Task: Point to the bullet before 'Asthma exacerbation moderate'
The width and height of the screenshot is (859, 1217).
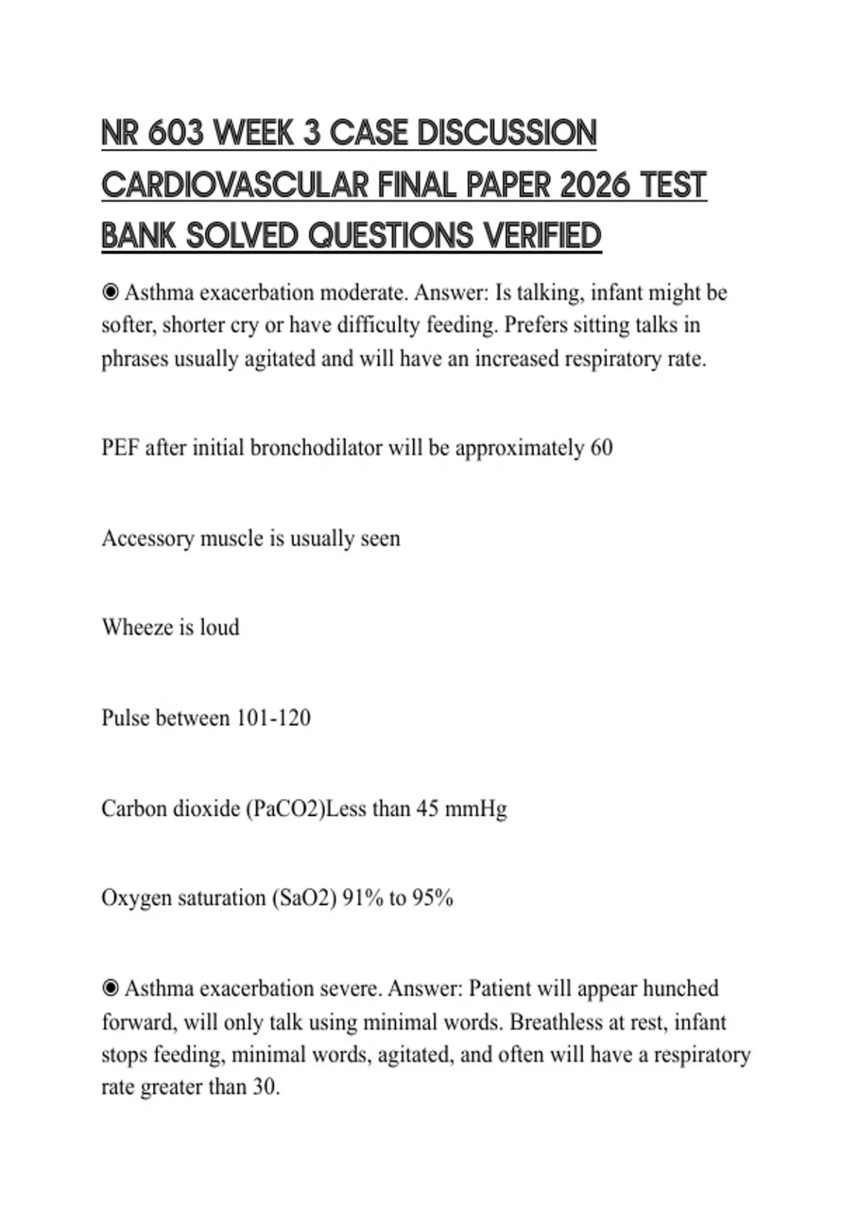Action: pos(110,292)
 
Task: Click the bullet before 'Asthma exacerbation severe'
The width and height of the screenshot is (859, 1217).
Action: pos(110,988)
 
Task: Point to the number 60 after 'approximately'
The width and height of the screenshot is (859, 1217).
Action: pos(601,448)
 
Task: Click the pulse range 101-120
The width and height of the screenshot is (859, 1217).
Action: pos(273,718)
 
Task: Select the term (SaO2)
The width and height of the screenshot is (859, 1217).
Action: pos(304,898)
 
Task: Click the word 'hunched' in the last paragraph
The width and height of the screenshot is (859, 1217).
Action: pos(680,989)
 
